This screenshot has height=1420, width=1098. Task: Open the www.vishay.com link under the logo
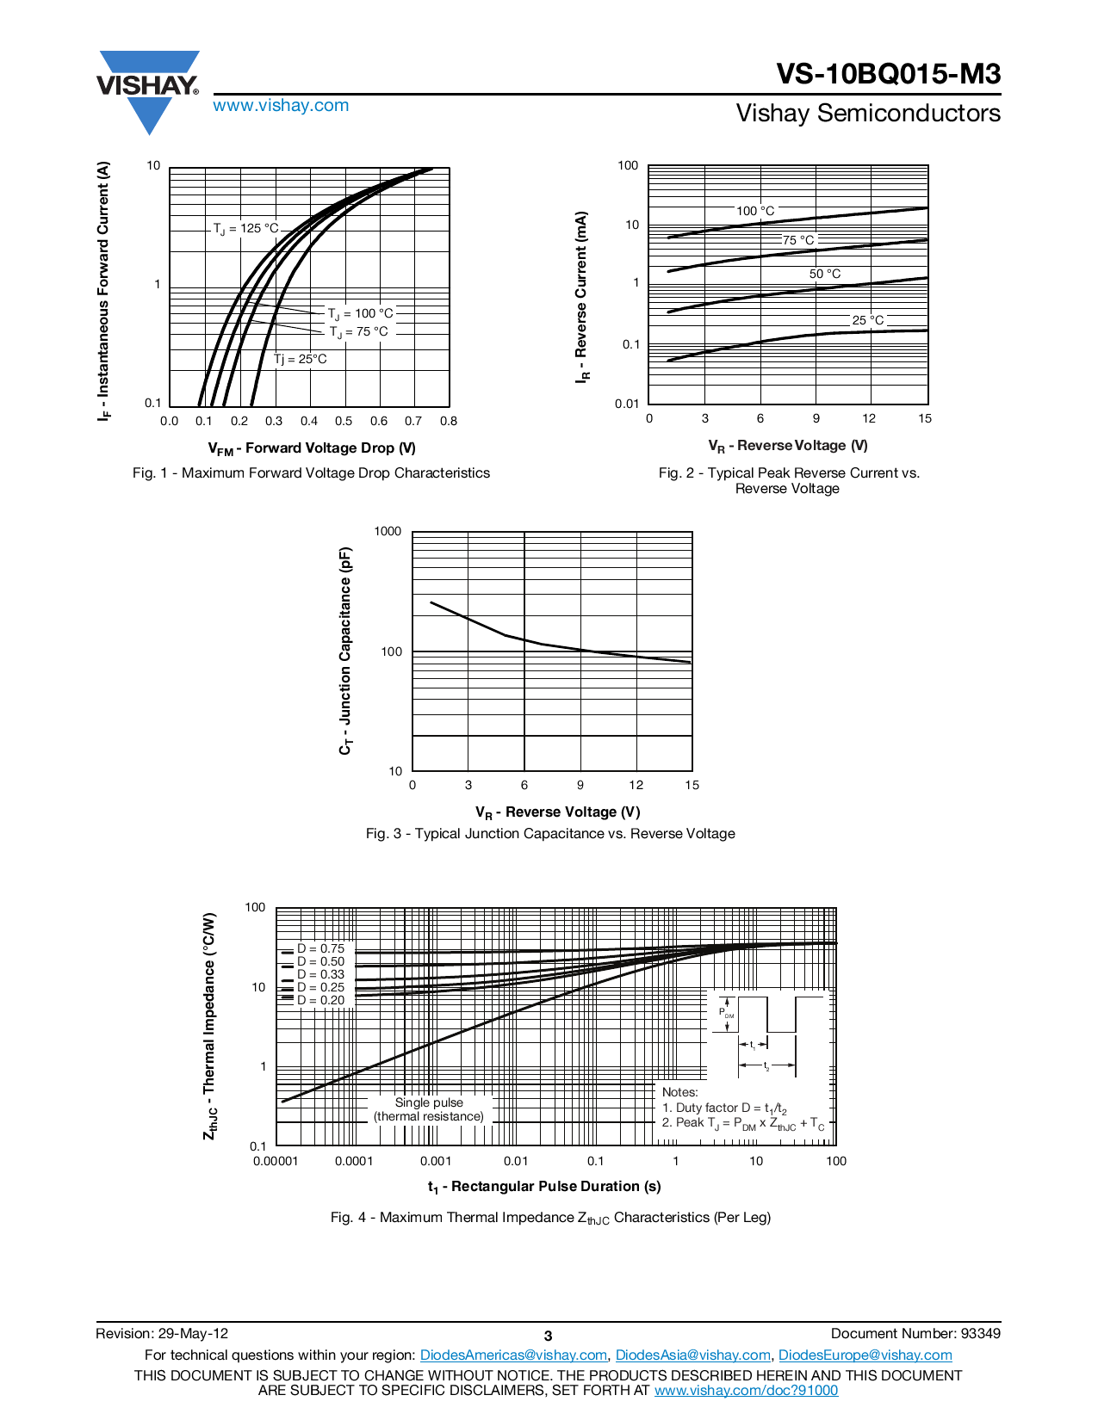[x=281, y=106]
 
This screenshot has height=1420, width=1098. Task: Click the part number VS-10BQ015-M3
[x=888, y=74]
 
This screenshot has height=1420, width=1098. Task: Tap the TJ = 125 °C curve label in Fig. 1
[x=245, y=229]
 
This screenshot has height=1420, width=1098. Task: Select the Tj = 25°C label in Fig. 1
[x=301, y=359]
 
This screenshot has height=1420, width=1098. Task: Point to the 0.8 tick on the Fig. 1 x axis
[x=448, y=422]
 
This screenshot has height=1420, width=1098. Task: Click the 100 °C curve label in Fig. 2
[x=755, y=211]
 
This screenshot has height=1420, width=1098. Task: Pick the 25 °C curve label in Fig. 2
[x=867, y=320]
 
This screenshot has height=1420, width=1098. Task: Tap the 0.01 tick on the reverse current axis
[x=627, y=404]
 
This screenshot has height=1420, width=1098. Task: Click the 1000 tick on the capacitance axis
[x=388, y=532]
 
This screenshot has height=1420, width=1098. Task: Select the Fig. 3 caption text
[x=550, y=834]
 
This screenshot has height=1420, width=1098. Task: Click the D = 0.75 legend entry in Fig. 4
[x=320, y=948]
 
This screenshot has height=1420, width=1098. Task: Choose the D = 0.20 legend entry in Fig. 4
[x=320, y=1000]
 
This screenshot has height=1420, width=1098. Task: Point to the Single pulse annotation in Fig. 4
[x=429, y=1109]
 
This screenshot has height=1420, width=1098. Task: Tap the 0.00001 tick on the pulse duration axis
[x=276, y=1162]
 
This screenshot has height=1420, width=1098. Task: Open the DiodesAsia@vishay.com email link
[x=692, y=1355]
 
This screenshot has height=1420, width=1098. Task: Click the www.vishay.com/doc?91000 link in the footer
[x=746, y=1391]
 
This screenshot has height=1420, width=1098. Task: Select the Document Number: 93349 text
[x=915, y=1334]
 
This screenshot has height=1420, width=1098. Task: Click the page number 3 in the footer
[x=548, y=1337]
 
